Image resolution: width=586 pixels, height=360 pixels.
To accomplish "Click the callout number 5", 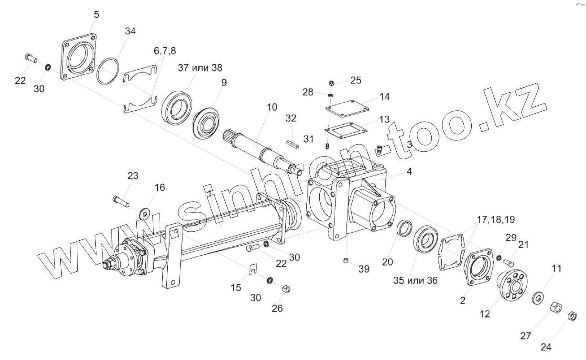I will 96,14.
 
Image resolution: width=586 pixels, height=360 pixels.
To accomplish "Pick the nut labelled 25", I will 331,83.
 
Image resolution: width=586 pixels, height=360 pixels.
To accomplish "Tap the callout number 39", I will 364,269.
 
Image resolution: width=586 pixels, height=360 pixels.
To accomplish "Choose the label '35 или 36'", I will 415,280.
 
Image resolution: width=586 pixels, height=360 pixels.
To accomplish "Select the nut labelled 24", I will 572,316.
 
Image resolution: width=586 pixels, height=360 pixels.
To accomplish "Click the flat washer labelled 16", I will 145,211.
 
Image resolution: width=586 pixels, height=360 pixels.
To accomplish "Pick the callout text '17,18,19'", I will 496,220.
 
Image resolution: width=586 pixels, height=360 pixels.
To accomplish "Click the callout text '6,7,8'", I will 165,51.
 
